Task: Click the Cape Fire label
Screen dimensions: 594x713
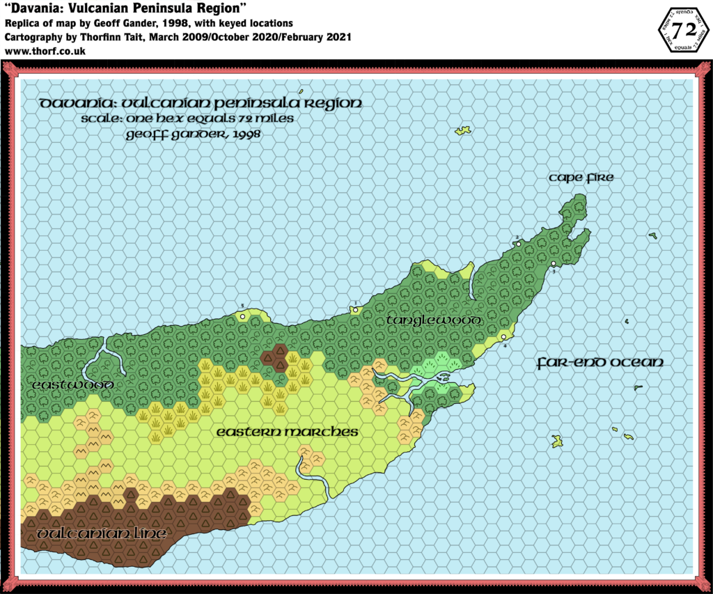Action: coord(581,178)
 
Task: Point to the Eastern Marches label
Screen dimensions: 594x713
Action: coord(287,432)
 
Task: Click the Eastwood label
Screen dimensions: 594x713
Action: coord(72,385)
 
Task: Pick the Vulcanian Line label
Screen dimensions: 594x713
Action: coord(102,534)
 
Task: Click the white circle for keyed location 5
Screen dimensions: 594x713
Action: coord(242,316)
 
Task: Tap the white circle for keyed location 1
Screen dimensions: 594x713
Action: coord(355,310)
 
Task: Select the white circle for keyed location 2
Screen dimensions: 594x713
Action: coord(518,244)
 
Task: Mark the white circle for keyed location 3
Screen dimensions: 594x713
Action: coord(553,264)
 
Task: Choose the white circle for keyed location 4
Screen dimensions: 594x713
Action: coord(503,338)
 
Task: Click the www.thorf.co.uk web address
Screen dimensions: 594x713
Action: coord(45,51)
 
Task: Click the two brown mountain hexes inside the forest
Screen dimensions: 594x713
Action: coord(275,357)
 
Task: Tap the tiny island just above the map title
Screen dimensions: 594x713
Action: coord(301,92)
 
